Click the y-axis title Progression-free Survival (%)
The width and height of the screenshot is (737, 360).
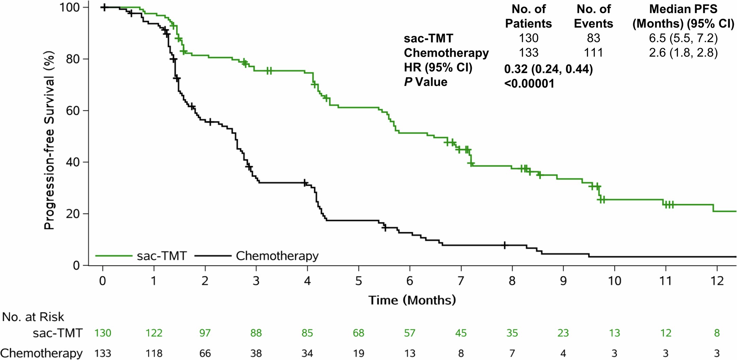pyautogui.click(x=49, y=140)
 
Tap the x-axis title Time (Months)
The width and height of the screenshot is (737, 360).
pyautogui.click(x=412, y=300)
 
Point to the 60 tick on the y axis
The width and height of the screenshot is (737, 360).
pyautogui.click(x=72, y=111)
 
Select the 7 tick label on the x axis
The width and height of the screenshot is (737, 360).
pyautogui.click(x=461, y=281)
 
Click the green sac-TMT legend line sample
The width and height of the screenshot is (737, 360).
pyautogui.click(x=114, y=256)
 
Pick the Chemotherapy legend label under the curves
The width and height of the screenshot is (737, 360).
pyautogui.click(x=277, y=256)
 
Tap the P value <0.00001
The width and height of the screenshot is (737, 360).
pyautogui.click(x=529, y=84)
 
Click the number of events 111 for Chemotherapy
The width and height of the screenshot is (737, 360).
pyautogui.click(x=593, y=53)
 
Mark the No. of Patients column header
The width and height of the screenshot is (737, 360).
pyautogui.click(x=529, y=16)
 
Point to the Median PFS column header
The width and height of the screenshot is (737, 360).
pyautogui.click(x=683, y=16)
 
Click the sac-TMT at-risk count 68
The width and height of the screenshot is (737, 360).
pyautogui.click(x=358, y=333)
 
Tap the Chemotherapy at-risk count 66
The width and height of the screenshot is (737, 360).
pyautogui.click(x=205, y=353)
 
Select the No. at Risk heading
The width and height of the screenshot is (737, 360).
pyautogui.click(x=33, y=317)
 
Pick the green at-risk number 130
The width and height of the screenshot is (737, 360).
pyautogui.click(x=103, y=333)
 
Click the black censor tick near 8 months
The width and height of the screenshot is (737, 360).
pyautogui.click(x=504, y=245)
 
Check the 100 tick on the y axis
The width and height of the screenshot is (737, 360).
pyautogui.click(x=70, y=7)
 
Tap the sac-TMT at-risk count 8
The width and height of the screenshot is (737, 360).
pyautogui.click(x=717, y=333)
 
